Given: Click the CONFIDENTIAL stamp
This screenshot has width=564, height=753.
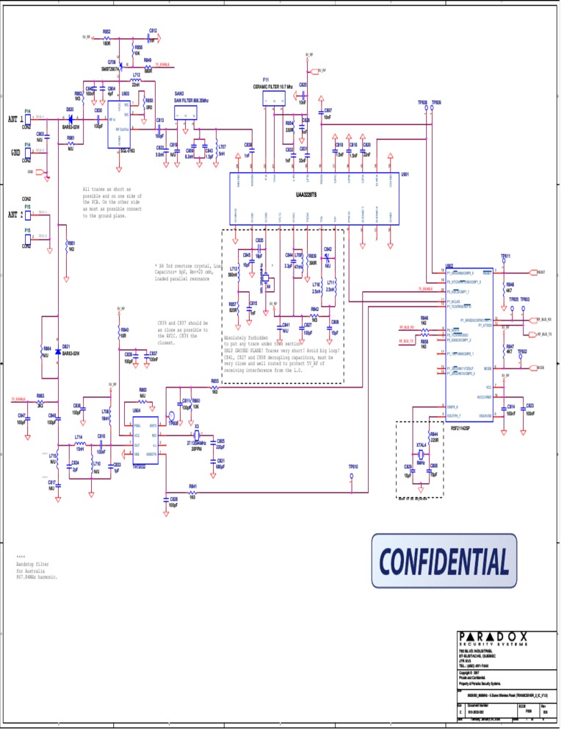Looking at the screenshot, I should (444, 561).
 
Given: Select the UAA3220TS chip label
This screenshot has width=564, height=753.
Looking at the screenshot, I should (301, 195).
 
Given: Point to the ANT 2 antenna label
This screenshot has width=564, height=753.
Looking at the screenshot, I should (14, 215).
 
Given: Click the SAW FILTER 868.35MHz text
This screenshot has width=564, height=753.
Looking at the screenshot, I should (191, 99).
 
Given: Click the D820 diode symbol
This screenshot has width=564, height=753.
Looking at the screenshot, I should (71, 118).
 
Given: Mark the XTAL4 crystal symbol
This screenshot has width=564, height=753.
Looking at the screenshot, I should (420, 456).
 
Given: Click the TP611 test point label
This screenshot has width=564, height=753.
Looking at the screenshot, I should (506, 256).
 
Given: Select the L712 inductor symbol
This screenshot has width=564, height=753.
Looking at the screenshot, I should (136, 80).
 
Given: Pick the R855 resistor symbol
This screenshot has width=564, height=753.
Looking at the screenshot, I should (214, 386).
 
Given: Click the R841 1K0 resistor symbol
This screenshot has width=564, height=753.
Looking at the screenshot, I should (192, 492).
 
